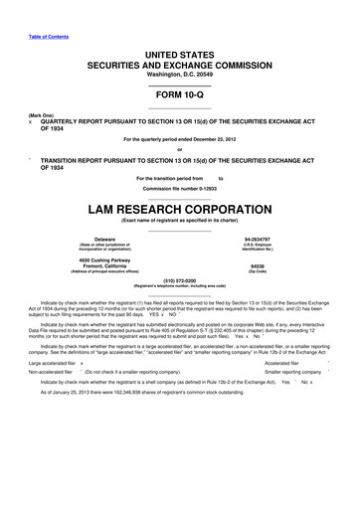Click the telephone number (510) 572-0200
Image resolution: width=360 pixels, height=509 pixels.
[x=179, y=281]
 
